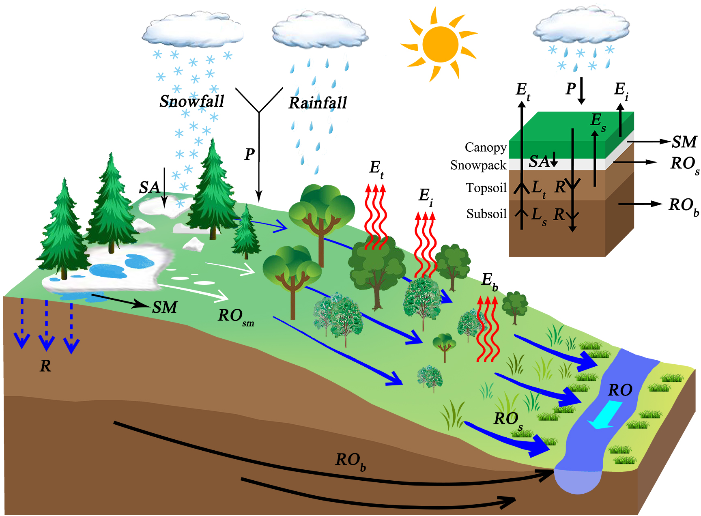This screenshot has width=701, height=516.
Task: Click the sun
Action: [x=440, y=44]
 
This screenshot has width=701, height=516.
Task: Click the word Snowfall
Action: [x=192, y=101]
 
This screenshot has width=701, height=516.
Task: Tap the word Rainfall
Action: [x=318, y=103]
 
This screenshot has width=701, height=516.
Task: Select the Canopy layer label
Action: [x=486, y=147]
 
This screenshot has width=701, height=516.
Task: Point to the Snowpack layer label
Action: [x=478, y=165]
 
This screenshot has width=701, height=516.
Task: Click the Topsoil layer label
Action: [x=486, y=188]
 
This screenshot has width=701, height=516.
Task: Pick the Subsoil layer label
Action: [x=486, y=214]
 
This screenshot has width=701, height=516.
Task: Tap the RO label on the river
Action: [x=620, y=390]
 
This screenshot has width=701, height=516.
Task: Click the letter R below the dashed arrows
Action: [x=45, y=366]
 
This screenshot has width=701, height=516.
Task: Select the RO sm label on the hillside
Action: [x=235, y=316]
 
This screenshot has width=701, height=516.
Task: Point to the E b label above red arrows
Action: [x=489, y=280]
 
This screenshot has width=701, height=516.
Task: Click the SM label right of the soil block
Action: [x=684, y=142]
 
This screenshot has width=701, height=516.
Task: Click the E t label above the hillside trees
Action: [x=376, y=168]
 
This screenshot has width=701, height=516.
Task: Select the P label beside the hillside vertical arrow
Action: [x=249, y=154]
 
